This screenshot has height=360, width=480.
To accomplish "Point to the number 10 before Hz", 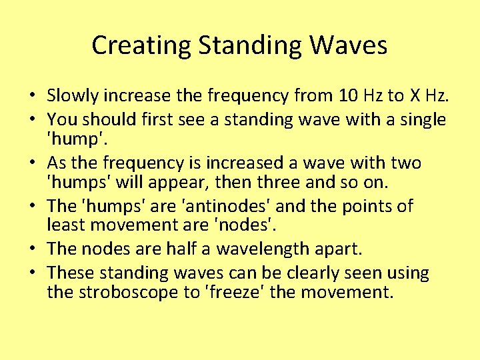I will (x=348, y=97).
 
